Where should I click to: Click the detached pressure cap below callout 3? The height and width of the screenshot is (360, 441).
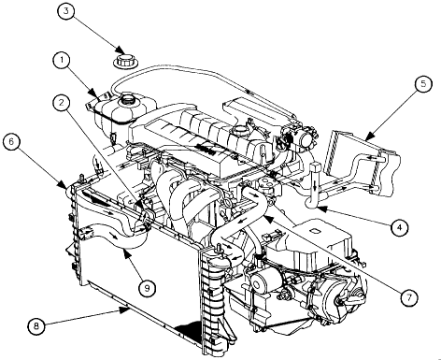[123, 61]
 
